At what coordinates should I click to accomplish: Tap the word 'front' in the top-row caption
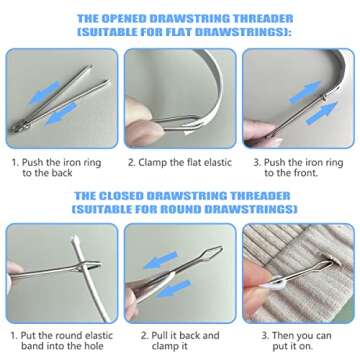click(310, 172)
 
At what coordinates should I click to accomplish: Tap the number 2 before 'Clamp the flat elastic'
click(131, 160)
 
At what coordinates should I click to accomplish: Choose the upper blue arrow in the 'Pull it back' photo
click(160, 258)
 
